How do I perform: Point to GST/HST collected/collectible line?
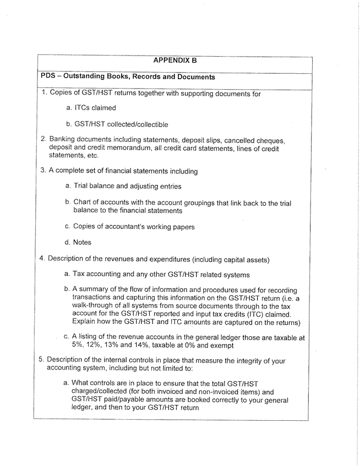tap(121, 124)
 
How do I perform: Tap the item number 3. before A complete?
tap(44, 171)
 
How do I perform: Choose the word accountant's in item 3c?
tap(129, 226)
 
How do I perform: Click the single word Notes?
tap(83, 242)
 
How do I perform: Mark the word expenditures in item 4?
tap(160, 259)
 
